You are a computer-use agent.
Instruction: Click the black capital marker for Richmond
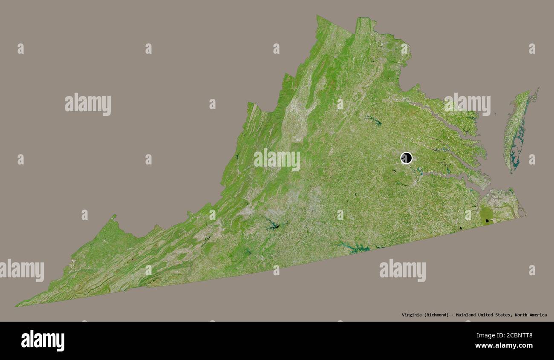pos(406,158)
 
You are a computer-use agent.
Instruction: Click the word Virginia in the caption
pos(412,315)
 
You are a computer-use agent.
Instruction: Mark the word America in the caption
pos(538,315)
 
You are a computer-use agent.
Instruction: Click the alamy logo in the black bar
pos(43,341)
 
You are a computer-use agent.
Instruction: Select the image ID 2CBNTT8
pos(516,335)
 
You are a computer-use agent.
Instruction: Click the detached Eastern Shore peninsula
pos(516,128)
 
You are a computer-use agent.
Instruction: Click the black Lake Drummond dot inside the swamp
pos(487,221)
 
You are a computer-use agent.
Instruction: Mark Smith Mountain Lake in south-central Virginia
pos(271,225)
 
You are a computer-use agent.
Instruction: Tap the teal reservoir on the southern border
pos(356,248)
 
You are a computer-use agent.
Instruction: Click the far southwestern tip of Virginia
pos(17,305)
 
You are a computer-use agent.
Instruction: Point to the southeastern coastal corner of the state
pos(525,216)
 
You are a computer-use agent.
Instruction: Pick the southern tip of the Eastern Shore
pos(512,171)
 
